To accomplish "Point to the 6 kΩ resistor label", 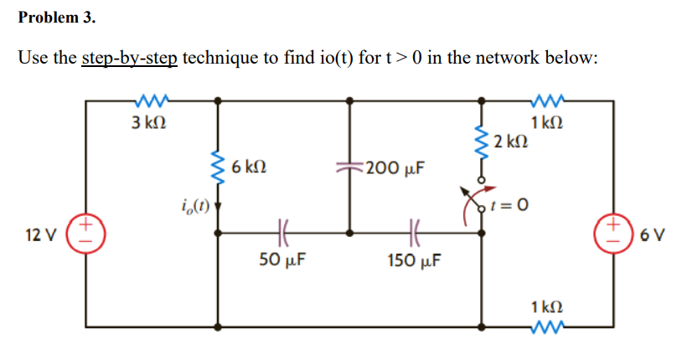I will (x=250, y=167).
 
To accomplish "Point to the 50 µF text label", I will (x=282, y=259).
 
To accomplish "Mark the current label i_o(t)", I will (x=194, y=204).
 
